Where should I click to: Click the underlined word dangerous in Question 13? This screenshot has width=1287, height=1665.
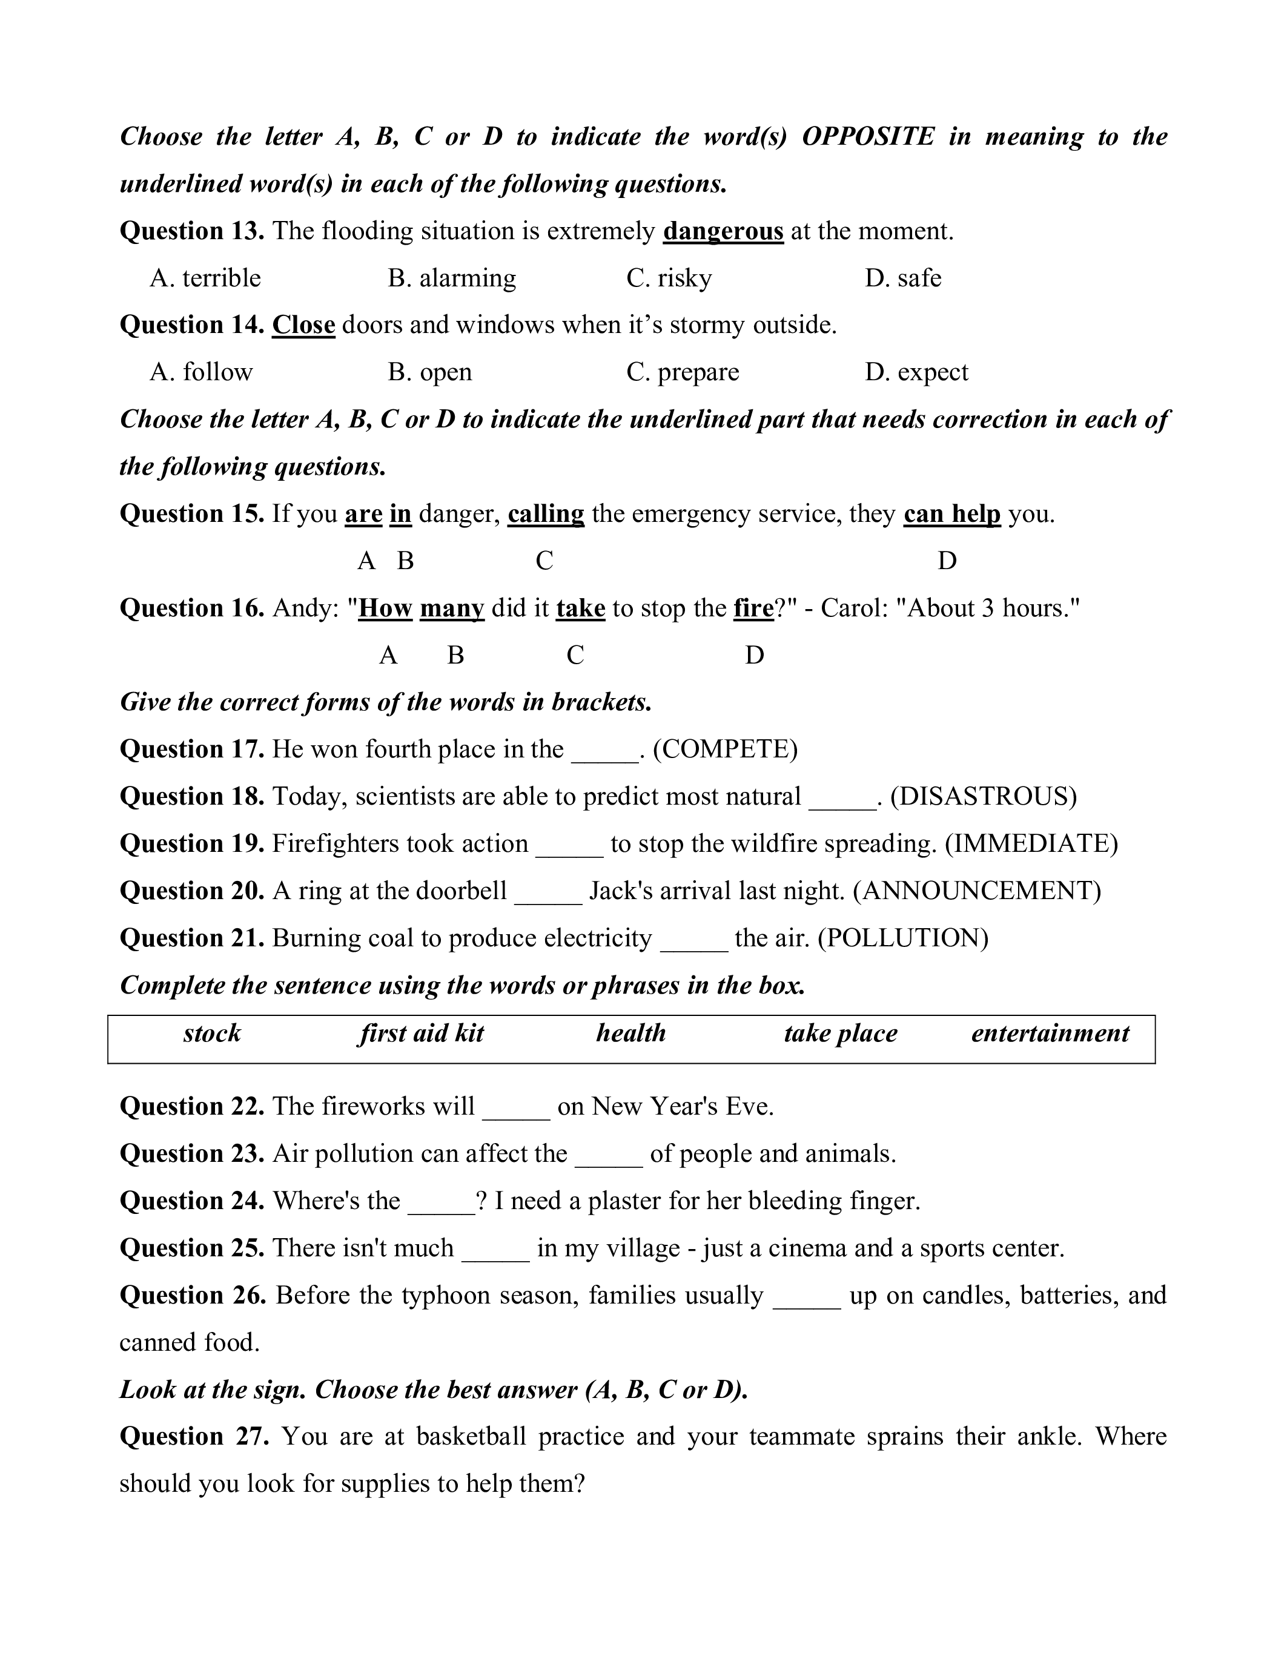(x=723, y=231)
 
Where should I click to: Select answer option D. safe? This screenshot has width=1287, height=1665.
(x=903, y=279)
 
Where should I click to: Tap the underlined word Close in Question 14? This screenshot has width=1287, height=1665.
(x=303, y=326)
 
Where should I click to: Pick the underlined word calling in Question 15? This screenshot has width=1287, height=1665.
(x=546, y=514)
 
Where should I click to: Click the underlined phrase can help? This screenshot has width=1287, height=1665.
(x=951, y=514)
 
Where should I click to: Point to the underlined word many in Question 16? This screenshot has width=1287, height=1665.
(x=452, y=608)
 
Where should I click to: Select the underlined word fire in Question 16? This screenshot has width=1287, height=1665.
(x=753, y=608)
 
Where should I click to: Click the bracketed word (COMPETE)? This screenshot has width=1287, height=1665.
(x=725, y=750)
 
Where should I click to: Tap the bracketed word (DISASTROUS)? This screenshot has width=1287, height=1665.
(x=984, y=797)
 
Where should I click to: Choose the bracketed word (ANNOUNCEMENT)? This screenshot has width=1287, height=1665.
(x=977, y=891)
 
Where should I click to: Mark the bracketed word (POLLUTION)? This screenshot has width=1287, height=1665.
(x=903, y=938)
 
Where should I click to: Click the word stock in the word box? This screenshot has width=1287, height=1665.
(x=212, y=1034)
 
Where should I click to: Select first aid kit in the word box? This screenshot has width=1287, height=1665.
(x=422, y=1034)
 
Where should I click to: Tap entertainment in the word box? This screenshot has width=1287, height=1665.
(x=1050, y=1034)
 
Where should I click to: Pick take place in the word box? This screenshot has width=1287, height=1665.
(x=840, y=1034)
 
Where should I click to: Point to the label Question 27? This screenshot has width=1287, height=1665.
(x=194, y=1437)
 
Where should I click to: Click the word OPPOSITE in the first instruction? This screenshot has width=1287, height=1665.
(x=868, y=137)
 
